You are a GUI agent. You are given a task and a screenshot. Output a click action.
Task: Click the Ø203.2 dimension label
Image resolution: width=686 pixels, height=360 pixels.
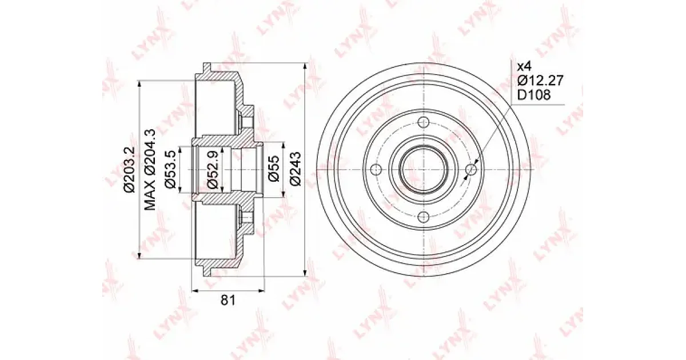pos(129,170)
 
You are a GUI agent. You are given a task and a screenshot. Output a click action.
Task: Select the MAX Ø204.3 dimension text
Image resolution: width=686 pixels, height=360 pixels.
pos(150,170)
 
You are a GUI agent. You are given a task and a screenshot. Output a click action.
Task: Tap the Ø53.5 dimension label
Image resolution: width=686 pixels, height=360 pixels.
pos(170,169)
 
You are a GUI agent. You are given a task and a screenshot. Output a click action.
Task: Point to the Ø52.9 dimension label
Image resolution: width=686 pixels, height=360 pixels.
pos(212,169)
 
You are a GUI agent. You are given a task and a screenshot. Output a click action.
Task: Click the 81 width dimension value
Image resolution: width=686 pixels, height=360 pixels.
pos(228,301)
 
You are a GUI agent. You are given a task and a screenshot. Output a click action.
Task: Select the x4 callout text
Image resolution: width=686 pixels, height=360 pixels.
pos(524,66)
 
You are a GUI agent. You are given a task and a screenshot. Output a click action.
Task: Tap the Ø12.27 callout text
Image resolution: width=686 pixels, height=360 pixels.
pos(540,81)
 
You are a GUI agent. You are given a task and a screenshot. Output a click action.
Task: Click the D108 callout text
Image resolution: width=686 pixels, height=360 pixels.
pos(534,95)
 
